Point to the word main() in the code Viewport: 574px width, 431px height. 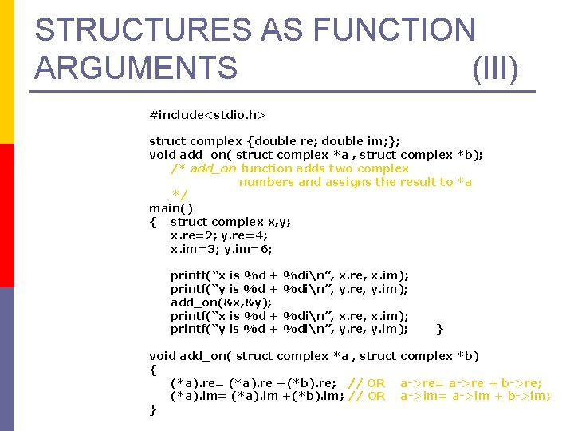click(171, 208)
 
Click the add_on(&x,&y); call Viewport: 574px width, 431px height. click(221, 302)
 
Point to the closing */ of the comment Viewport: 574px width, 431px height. click(180, 196)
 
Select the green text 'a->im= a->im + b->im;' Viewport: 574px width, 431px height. click(475, 396)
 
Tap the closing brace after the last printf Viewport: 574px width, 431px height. click(441, 329)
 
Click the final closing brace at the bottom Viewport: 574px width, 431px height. click(153, 410)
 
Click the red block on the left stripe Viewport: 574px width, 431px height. click(7, 215)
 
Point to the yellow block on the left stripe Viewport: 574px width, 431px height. click(7, 72)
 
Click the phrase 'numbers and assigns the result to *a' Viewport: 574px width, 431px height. click(356, 182)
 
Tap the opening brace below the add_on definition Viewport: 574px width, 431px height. click(153, 370)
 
